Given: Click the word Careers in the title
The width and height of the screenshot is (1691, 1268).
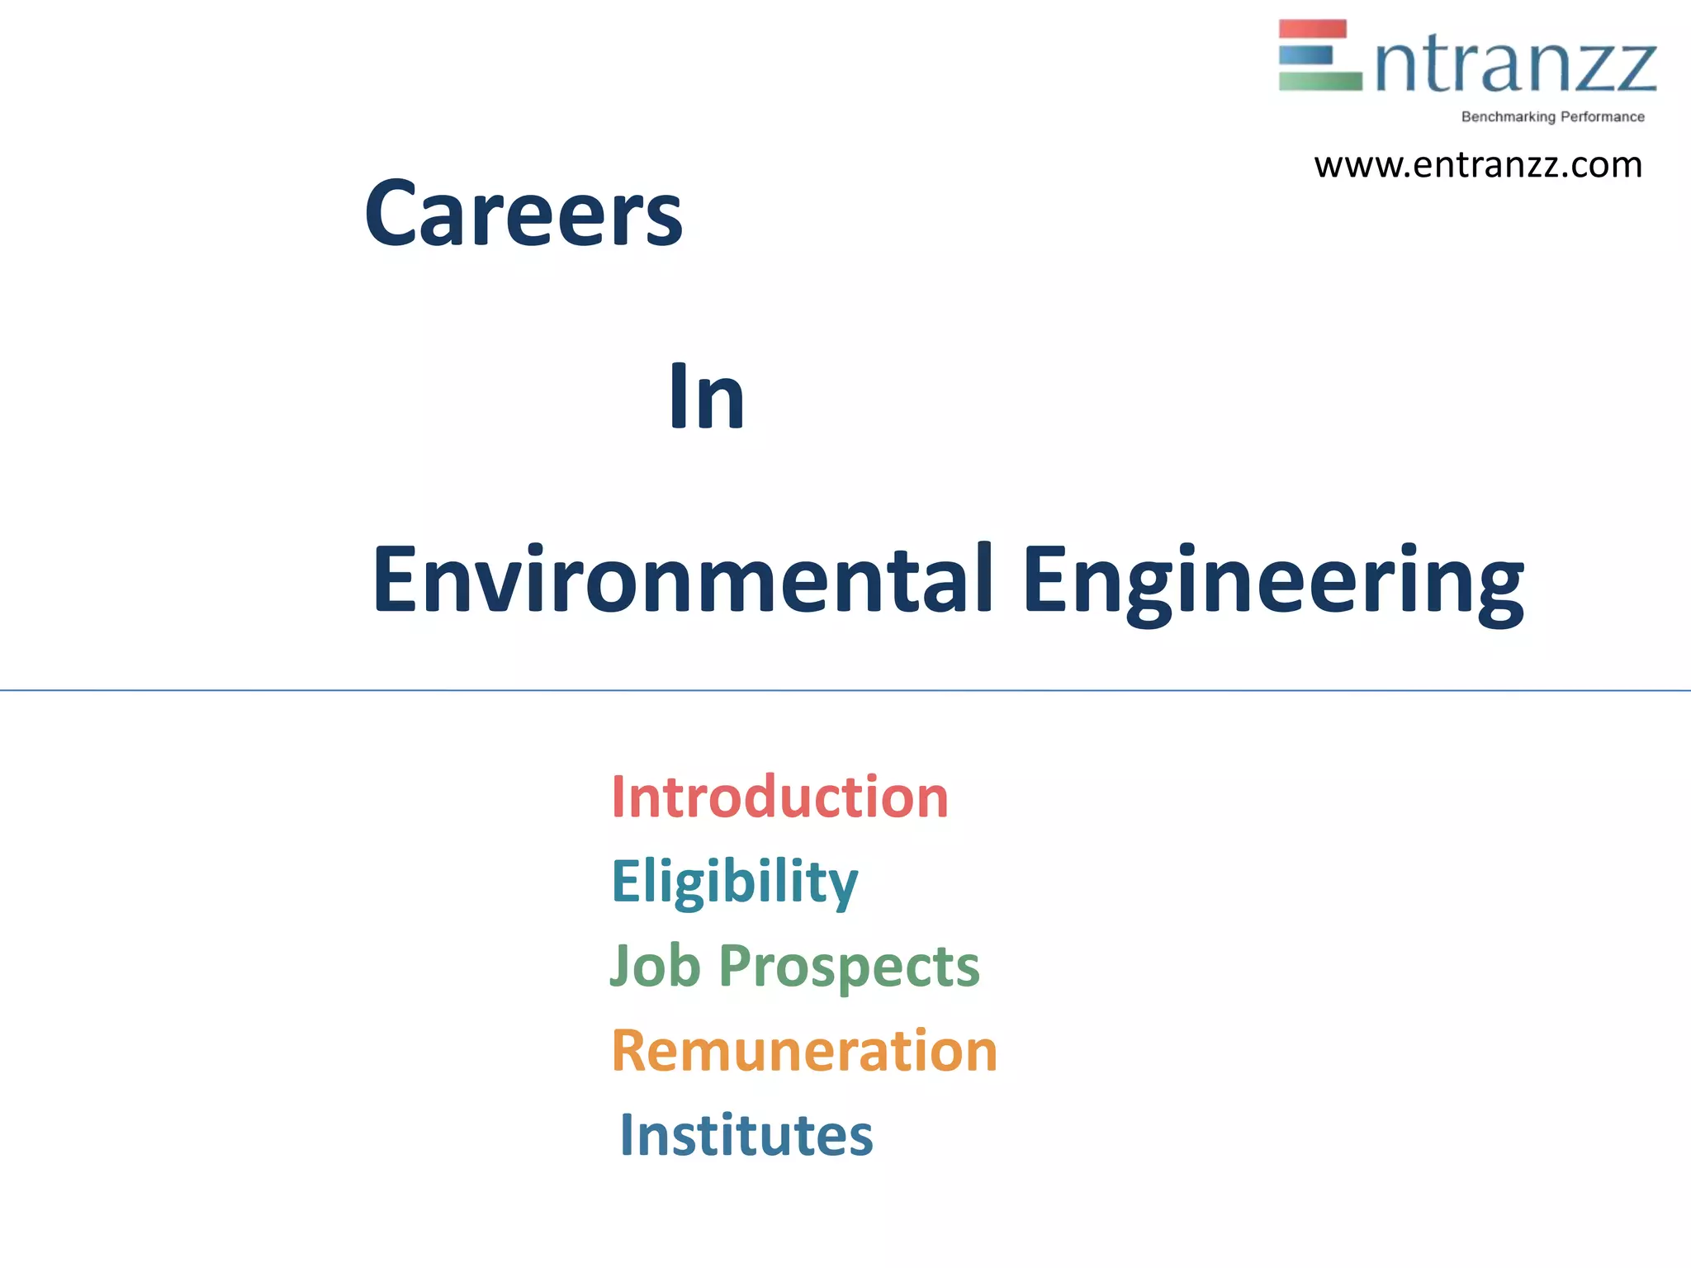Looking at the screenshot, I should click(523, 215).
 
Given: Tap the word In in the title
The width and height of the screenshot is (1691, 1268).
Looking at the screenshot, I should click(707, 398).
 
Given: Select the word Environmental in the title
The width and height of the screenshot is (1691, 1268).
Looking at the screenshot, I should click(682, 580).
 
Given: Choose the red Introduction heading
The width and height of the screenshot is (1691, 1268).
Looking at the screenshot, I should click(779, 798).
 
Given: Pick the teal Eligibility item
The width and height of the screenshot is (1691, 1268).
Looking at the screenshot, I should click(734, 882).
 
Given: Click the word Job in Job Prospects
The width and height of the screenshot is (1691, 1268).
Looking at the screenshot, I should click(655, 966).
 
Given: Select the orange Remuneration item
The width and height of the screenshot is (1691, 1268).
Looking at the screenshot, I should click(804, 1051).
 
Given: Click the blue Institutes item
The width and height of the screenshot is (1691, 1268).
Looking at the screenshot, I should click(746, 1135).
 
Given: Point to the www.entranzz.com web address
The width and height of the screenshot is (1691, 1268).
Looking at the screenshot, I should click(1478, 165).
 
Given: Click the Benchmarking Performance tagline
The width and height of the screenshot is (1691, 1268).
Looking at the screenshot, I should click(1552, 117).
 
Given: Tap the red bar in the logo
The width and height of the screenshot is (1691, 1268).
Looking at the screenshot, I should click(1312, 29).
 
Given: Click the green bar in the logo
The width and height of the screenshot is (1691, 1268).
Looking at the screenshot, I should click(1319, 81).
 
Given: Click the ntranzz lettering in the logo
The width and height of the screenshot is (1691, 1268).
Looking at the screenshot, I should click(1516, 66).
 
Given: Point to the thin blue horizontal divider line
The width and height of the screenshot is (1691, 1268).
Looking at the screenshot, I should click(845, 690).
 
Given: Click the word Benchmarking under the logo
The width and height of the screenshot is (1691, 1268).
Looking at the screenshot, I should click(1508, 117).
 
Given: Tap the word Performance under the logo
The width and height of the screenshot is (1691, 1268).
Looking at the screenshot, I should click(1602, 117).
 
